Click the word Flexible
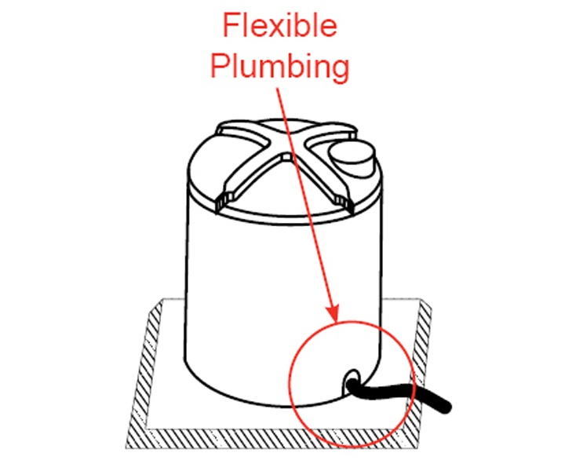tap(279, 25)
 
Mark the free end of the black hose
tap(448, 406)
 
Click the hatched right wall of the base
tap(425, 345)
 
